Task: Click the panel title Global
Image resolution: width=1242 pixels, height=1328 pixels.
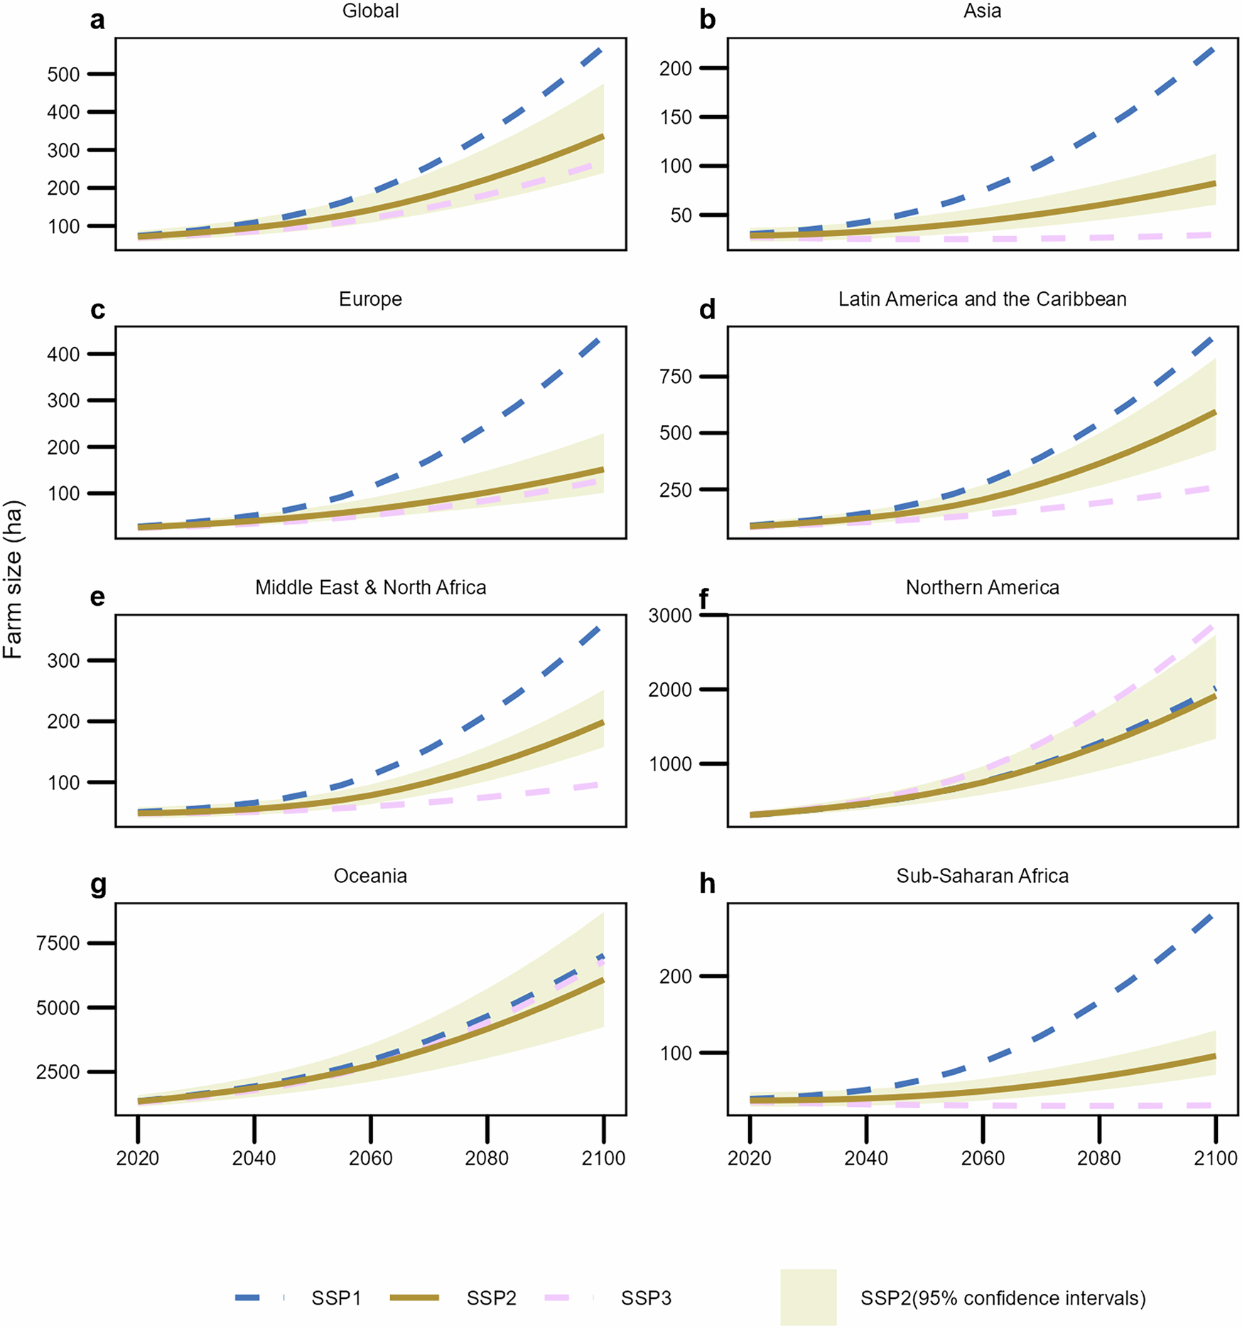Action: point(370,11)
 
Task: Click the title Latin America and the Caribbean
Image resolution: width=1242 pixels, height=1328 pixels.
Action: point(982,299)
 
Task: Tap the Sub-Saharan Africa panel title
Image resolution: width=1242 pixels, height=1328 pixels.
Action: point(982,876)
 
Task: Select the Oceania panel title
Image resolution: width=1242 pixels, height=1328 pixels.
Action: point(370,876)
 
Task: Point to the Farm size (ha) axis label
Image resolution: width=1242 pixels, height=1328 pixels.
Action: point(13,580)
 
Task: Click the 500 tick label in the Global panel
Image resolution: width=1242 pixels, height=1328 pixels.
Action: point(63,75)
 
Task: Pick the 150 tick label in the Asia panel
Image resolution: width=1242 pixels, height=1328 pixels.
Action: point(676,117)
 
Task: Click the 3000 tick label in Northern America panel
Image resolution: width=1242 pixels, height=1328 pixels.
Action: point(670,616)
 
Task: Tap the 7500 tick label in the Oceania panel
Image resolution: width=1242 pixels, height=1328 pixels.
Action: point(58,943)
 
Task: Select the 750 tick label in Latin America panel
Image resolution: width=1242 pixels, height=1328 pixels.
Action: point(676,377)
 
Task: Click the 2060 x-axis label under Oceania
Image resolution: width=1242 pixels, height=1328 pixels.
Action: point(370,1159)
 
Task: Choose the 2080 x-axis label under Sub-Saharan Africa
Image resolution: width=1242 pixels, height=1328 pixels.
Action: point(1098,1159)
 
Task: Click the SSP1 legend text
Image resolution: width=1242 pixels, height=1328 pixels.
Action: point(336,1299)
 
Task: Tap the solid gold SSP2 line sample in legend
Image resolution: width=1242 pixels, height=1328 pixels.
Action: point(415,1298)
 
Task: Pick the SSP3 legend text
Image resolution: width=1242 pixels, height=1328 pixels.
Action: point(645,1299)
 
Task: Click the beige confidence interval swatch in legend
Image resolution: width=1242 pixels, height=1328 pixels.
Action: point(808,1297)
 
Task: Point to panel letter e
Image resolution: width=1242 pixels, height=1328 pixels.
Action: point(97,596)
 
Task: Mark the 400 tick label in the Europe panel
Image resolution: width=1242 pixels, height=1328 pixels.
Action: point(63,355)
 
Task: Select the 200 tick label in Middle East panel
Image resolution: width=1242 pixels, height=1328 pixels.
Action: point(63,722)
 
